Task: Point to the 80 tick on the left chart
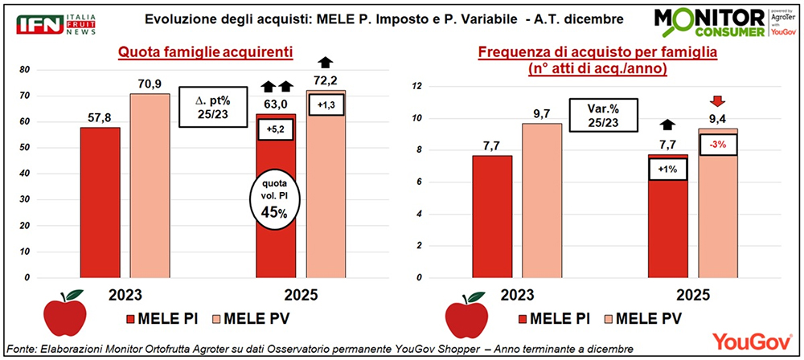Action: click(x=49, y=70)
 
